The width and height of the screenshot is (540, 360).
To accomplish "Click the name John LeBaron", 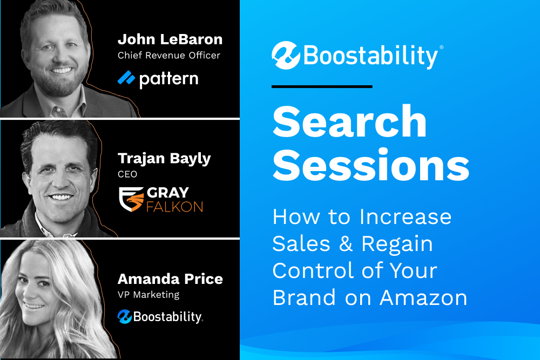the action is click(170, 39).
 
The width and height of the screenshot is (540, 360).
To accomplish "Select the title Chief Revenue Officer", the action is click(168, 56).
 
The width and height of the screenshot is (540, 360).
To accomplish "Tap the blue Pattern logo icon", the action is click(126, 78).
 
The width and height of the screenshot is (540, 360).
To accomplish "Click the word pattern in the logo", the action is click(168, 80).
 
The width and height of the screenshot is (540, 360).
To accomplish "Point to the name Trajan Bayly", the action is click(164, 159).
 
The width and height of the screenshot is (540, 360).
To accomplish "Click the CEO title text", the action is click(127, 174).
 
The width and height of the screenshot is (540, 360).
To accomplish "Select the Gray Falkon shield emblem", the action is click(131, 199).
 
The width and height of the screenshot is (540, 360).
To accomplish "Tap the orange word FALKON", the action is click(174, 207).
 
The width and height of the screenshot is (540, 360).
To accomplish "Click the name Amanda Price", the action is click(170, 279).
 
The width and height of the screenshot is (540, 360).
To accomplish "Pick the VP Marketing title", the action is click(148, 295).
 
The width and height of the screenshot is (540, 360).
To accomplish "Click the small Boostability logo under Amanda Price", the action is click(160, 317).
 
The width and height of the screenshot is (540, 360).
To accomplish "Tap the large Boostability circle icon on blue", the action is click(286, 56).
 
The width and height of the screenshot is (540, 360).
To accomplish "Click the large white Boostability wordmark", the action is click(372, 56).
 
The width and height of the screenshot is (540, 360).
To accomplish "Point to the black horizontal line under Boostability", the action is click(322, 86).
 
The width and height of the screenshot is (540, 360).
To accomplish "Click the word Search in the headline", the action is click(349, 121).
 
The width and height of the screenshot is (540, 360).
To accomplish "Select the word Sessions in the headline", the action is click(371, 165).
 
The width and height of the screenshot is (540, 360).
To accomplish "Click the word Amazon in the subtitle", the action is click(423, 297).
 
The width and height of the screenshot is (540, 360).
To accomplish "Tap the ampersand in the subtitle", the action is click(346, 243).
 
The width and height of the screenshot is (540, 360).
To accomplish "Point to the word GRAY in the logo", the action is click(168, 193).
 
